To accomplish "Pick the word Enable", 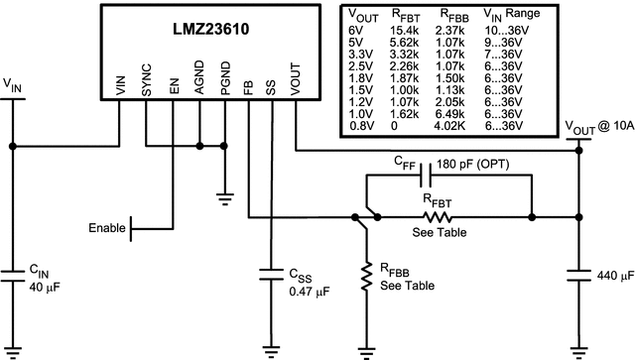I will [106, 228].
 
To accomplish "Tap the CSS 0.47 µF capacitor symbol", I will [271, 273].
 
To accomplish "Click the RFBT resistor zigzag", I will [438, 216].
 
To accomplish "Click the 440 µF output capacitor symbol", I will [580, 273].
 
